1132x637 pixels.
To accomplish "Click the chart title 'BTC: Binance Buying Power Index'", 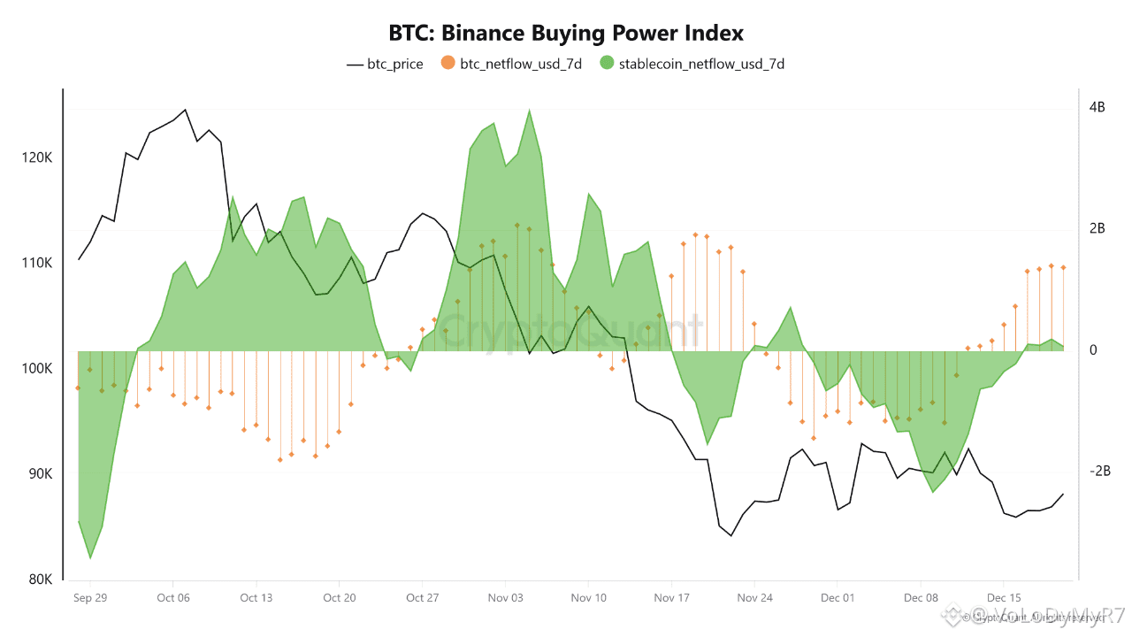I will (566, 34).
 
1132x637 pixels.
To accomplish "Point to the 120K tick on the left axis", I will (36, 158).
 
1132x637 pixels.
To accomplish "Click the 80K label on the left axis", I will (40, 579).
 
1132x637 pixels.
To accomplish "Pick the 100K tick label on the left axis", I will (36, 369).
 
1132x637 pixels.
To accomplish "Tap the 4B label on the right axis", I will (1098, 108).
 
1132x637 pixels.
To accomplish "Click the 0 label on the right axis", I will (1093, 351).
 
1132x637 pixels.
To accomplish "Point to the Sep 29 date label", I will (90, 598).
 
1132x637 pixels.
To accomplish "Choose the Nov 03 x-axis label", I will (505, 598).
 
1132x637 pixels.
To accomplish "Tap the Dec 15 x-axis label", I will (1004, 598).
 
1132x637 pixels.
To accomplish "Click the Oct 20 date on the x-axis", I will (339, 598).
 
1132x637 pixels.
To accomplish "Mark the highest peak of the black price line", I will (185, 110).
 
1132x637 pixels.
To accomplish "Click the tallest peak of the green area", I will (529, 111).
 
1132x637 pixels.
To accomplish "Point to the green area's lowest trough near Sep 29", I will (90, 558).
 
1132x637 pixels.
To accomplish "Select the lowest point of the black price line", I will (731, 535).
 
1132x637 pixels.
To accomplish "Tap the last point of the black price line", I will (1063, 494).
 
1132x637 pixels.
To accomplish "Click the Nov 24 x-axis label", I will (754, 598).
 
